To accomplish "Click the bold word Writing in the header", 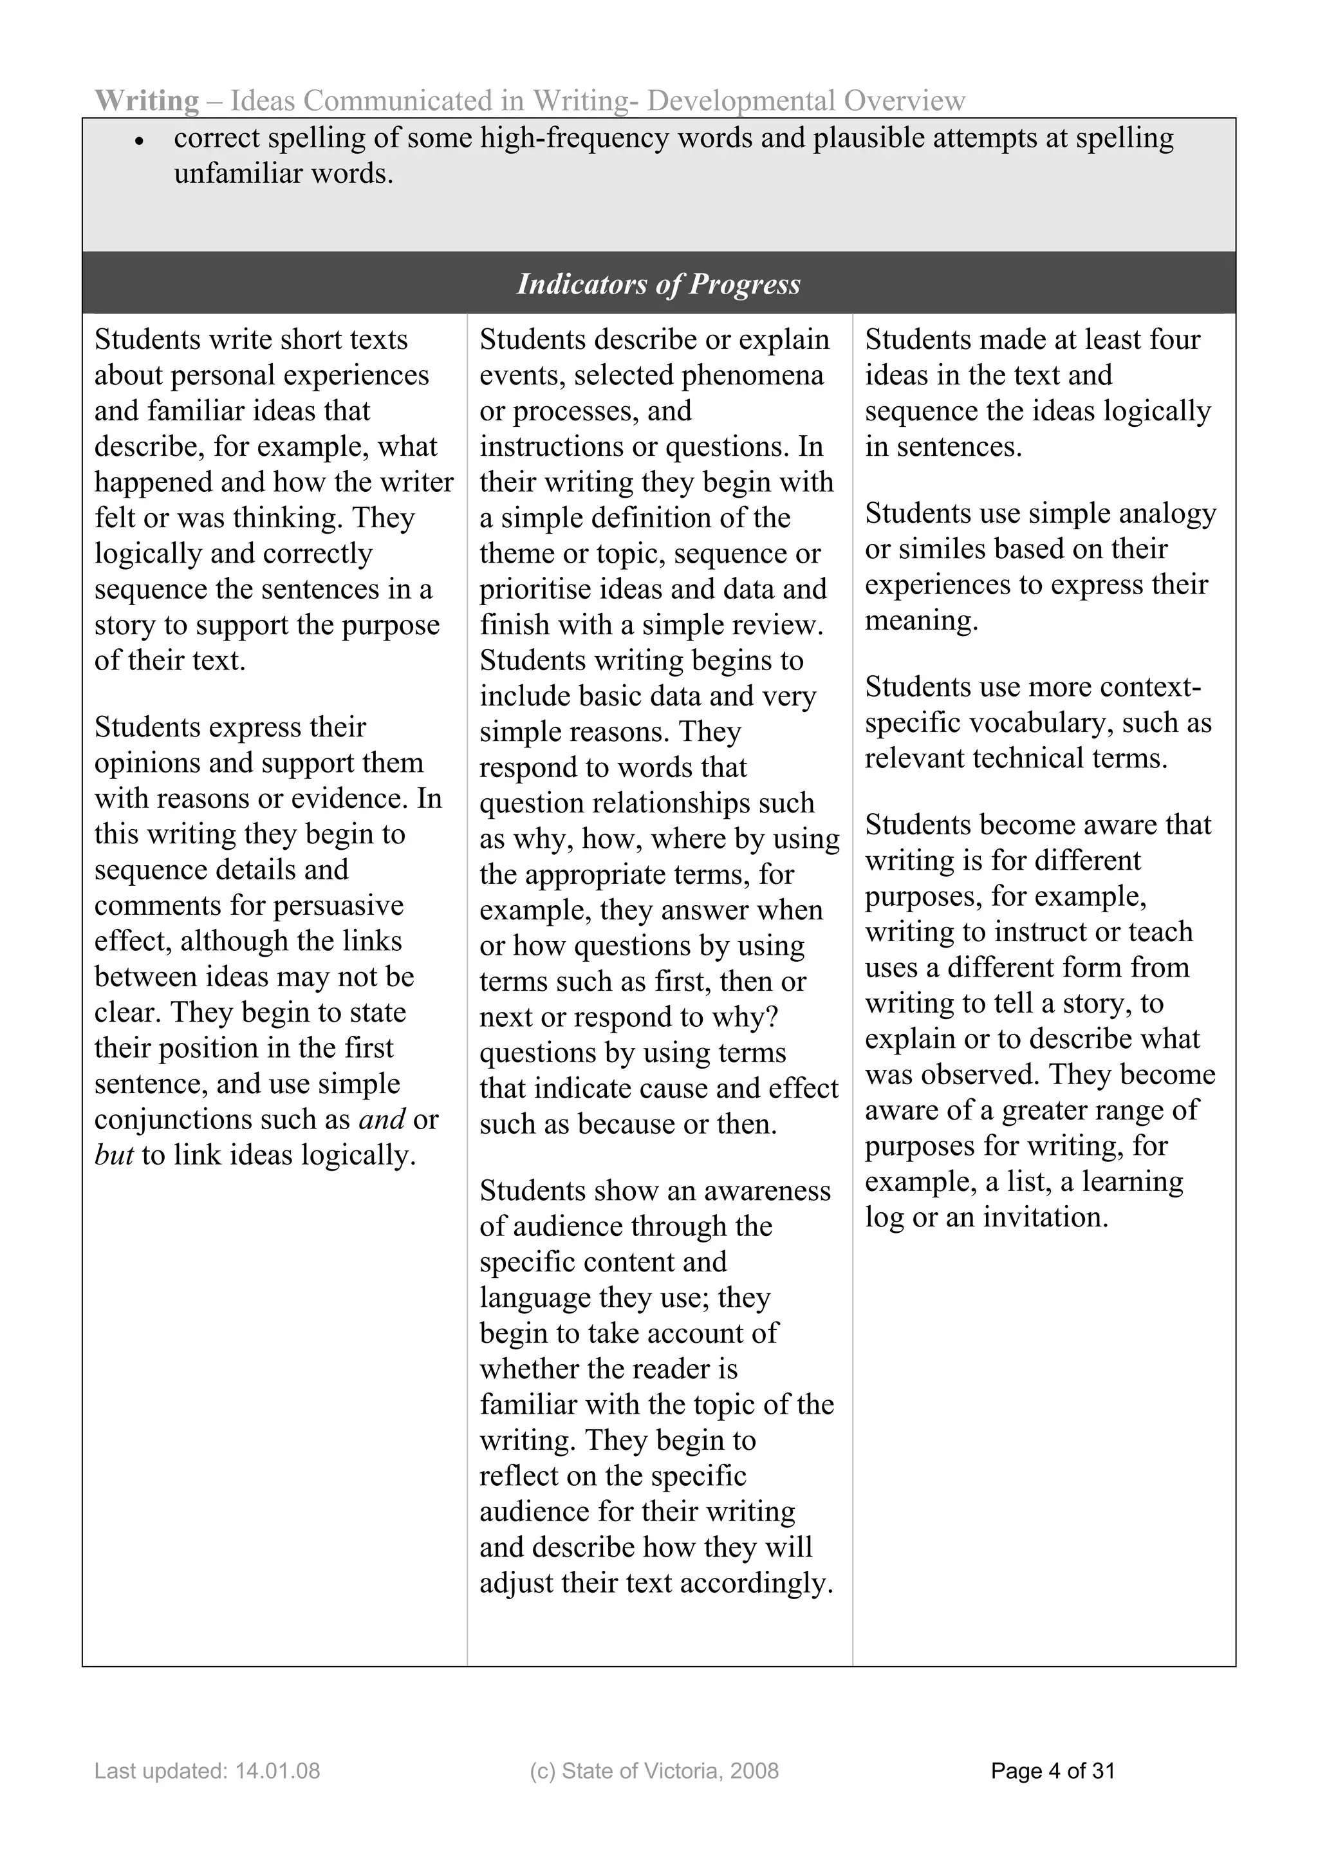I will click(x=146, y=100).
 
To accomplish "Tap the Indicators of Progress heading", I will click(x=658, y=283).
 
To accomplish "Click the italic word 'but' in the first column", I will click(x=114, y=1154).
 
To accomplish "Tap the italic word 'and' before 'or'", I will click(x=381, y=1118).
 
